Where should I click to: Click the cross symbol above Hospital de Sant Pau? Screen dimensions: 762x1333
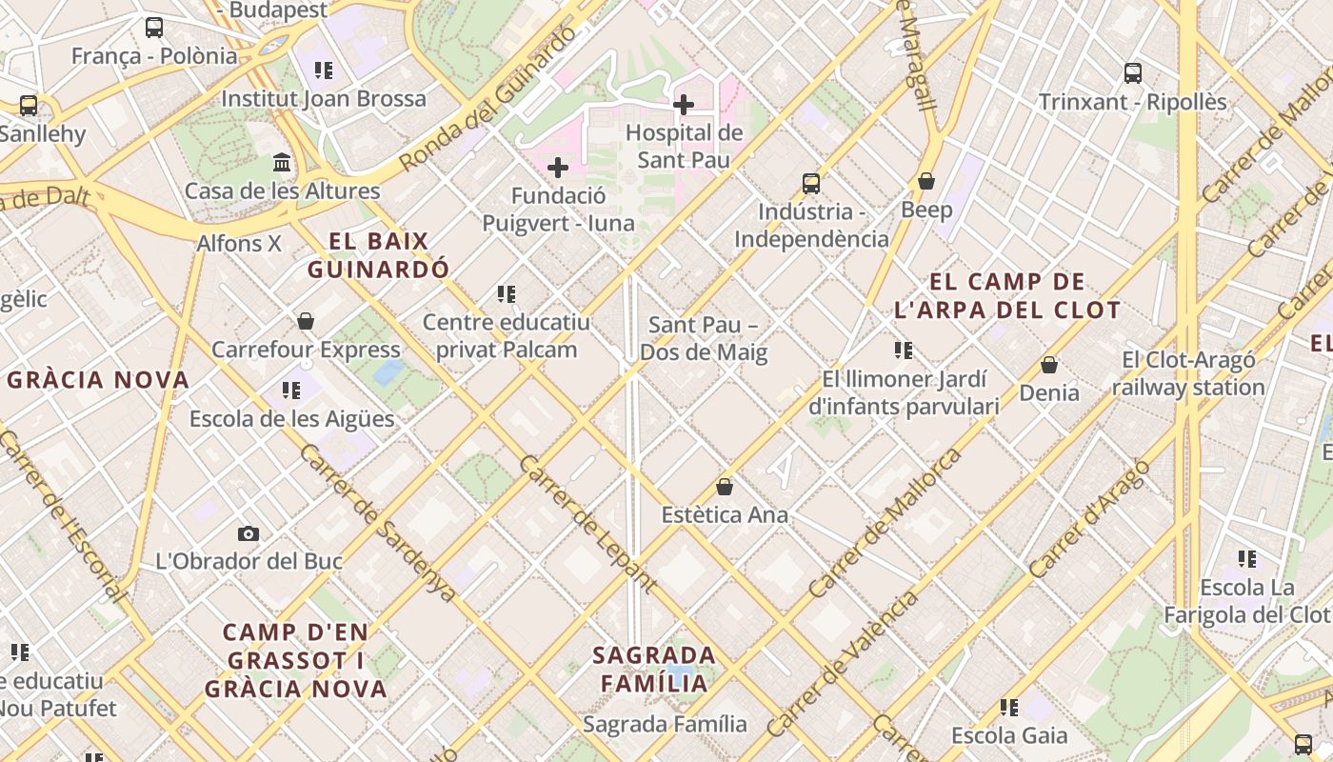click(x=684, y=105)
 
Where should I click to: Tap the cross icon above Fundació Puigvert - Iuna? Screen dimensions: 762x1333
click(x=558, y=169)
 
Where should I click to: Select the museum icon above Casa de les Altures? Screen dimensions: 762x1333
click(x=282, y=163)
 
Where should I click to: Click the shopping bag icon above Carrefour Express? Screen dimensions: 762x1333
click(x=306, y=321)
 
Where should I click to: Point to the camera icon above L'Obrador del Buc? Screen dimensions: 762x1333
click(x=249, y=533)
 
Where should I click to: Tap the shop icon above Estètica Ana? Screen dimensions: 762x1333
click(x=725, y=487)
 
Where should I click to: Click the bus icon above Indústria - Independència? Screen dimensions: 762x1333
click(x=811, y=183)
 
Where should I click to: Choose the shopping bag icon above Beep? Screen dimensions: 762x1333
click(x=926, y=181)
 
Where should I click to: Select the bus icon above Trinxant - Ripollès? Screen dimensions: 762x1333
click(x=1133, y=73)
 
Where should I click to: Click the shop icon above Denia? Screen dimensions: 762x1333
click(x=1049, y=365)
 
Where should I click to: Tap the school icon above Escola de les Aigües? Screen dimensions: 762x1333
click(x=291, y=390)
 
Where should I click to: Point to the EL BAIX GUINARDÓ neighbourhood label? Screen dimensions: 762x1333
click(x=378, y=255)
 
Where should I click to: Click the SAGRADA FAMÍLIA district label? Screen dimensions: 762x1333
click(x=654, y=669)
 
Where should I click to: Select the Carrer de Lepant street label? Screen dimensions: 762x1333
click(x=587, y=524)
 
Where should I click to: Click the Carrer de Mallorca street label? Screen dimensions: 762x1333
click(x=885, y=524)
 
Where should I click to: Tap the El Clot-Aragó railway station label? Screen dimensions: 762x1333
click(x=1188, y=373)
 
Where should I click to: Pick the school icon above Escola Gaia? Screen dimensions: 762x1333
click(x=1009, y=708)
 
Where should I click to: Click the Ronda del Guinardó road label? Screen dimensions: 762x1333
click(x=488, y=100)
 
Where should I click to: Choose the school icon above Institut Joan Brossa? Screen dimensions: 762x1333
click(x=324, y=70)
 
